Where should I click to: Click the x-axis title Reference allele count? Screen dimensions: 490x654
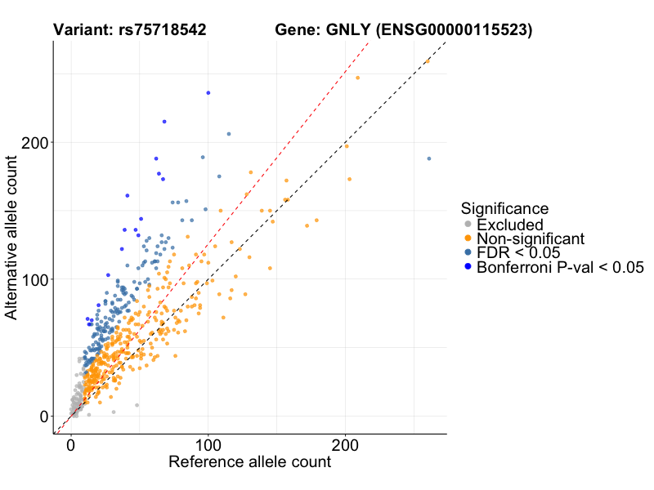[x=249, y=462]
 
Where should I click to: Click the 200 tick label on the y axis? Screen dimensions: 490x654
[x=36, y=142]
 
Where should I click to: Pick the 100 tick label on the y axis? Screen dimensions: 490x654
[x=36, y=279]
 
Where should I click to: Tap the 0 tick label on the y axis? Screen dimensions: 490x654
[x=44, y=416]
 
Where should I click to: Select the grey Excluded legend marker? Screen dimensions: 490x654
[x=468, y=225]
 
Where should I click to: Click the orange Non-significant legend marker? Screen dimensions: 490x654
[x=468, y=238]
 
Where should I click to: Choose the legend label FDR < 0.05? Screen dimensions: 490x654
[x=519, y=252]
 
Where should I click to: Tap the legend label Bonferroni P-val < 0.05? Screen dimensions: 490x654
[x=561, y=267]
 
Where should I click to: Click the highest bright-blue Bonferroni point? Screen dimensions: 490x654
[x=208, y=93]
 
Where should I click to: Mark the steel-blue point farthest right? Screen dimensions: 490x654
[x=428, y=158]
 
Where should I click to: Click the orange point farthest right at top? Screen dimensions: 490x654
[x=427, y=61]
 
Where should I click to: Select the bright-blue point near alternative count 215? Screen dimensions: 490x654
[x=164, y=122]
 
